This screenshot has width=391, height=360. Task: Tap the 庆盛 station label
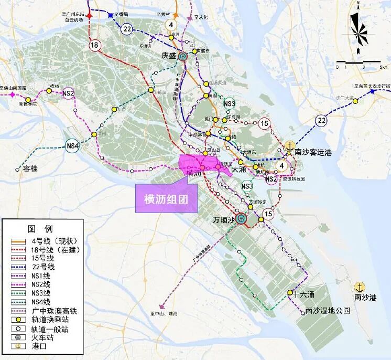click(x=170, y=55)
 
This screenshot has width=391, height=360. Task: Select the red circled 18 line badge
click(x=94, y=46)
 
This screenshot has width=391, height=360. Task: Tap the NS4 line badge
click(x=72, y=146)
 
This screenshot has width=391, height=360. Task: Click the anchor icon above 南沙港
click(x=360, y=287)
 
